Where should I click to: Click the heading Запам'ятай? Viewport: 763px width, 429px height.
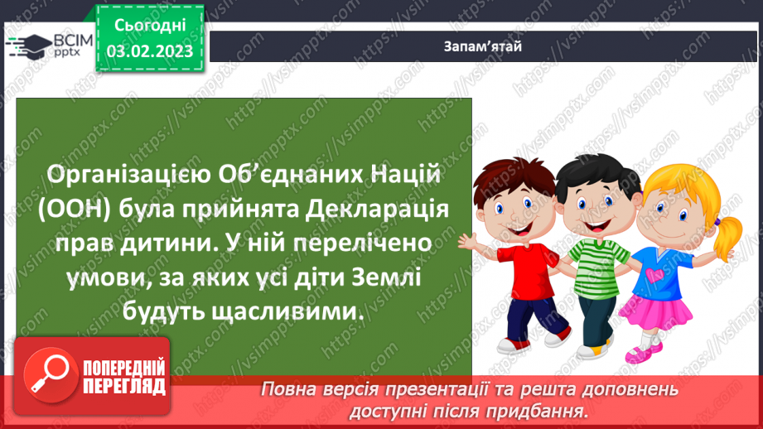(x=481, y=46)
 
